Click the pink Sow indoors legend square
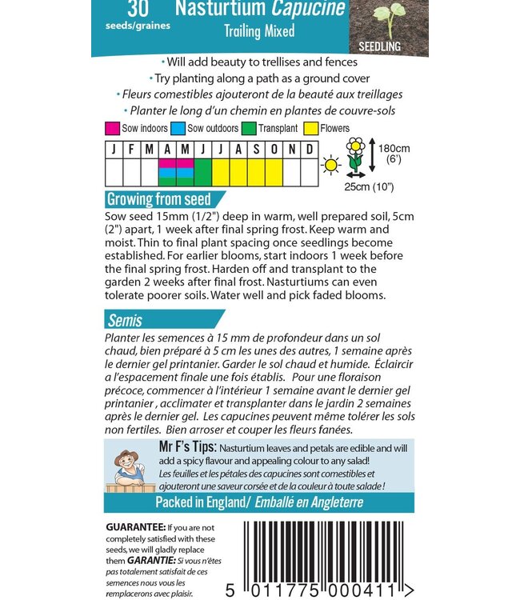pyautogui.click(x=112, y=129)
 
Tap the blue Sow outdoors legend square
pyautogui.click(x=178, y=129)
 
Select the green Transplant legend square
pyautogui.click(x=249, y=129)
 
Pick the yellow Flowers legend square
pyautogui.click(x=310, y=129)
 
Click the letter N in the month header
pyautogui.click(x=292, y=150)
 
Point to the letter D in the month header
pyautogui.click(x=310, y=150)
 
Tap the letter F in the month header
pyautogui.click(x=131, y=150)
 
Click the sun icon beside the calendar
pyautogui.click(x=331, y=166)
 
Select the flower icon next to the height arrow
pyautogui.click(x=355, y=154)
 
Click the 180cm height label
pyautogui.click(x=394, y=149)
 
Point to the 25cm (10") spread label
pyautogui.click(x=370, y=187)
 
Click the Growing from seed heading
pyautogui.click(x=158, y=199)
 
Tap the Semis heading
pyautogui.click(x=125, y=321)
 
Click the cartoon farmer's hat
pyautogui.click(x=126, y=455)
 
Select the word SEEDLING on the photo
pyautogui.click(x=379, y=46)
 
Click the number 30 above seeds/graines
pyautogui.click(x=138, y=9)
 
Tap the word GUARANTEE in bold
pyautogui.click(x=136, y=527)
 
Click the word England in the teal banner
pyautogui.click(x=228, y=502)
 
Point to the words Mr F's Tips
pyautogui.click(x=188, y=446)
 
